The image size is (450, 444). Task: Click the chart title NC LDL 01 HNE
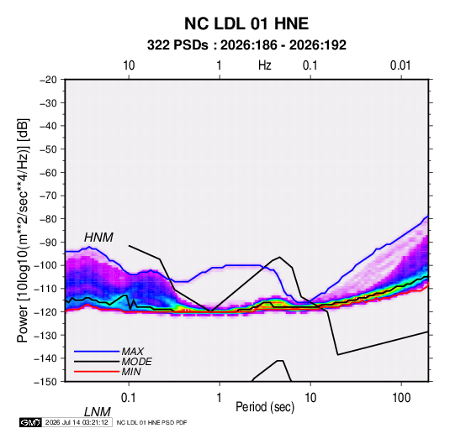pyautogui.click(x=246, y=24)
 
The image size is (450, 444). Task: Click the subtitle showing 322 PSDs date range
pyautogui.click(x=246, y=45)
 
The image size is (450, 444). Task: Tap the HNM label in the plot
pyautogui.click(x=98, y=238)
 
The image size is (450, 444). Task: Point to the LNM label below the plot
pyautogui.click(x=98, y=412)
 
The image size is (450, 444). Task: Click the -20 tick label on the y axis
pyautogui.click(x=48, y=80)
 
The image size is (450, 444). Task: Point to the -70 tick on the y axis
pyautogui.click(x=48, y=196)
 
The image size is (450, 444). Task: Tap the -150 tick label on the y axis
pyautogui.click(x=45, y=382)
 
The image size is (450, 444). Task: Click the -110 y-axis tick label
pyautogui.click(x=45, y=289)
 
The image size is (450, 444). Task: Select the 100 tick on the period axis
pyautogui.click(x=401, y=398)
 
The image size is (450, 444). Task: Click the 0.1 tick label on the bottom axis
pyautogui.click(x=129, y=398)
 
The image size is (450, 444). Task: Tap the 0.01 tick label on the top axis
pyautogui.click(x=400, y=65)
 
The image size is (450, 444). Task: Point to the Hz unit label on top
pyautogui.click(x=265, y=65)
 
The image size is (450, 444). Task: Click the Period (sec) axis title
pyautogui.click(x=265, y=407)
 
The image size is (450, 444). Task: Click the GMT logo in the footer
pyautogui.click(x=30, y=422)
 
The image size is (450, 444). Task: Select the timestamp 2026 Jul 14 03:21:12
pyautogui.click(x=77, y=422)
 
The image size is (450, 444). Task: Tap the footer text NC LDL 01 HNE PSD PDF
pyautogui.click(x=151, y=422)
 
